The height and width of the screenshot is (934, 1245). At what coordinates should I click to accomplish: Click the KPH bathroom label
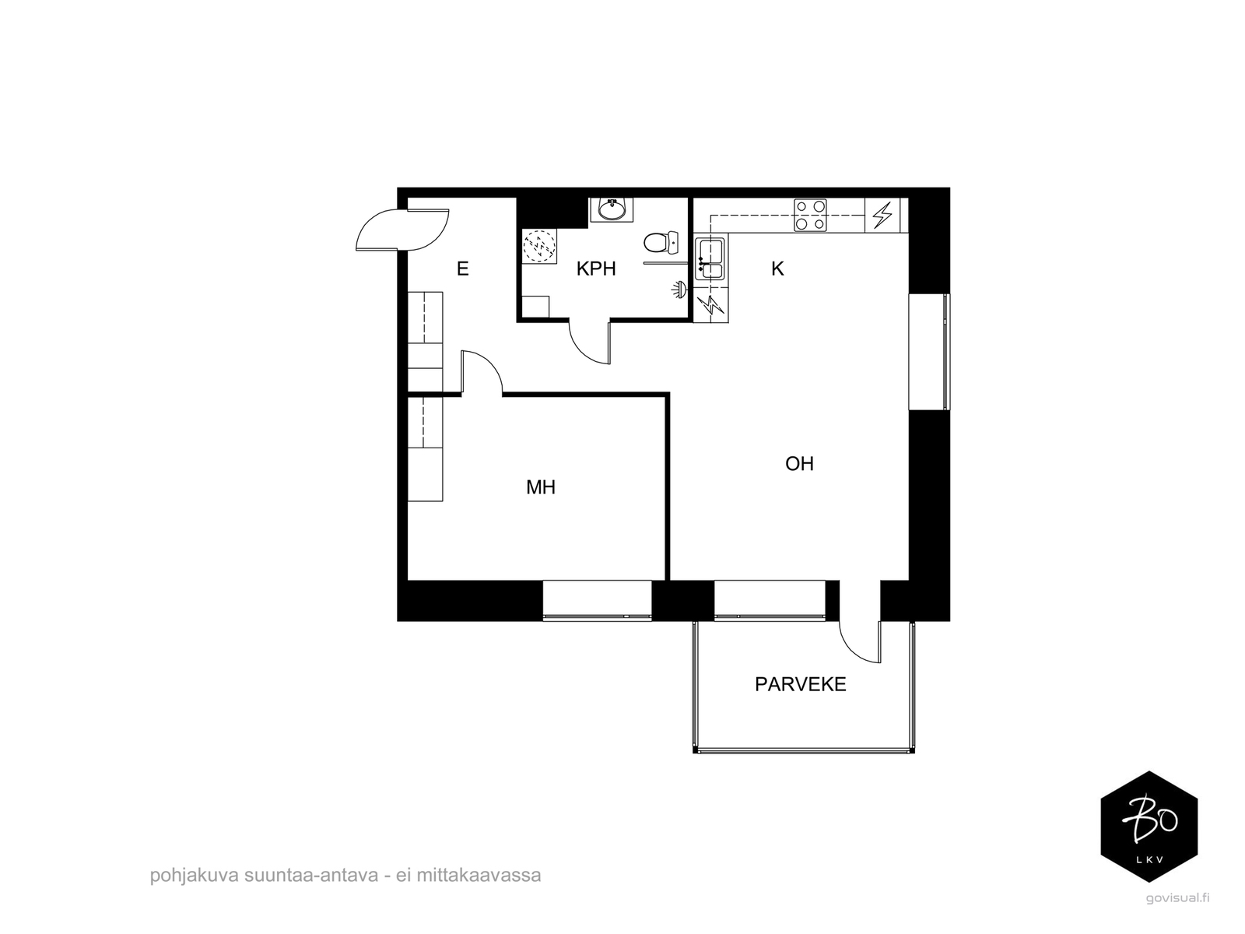coord(595,269)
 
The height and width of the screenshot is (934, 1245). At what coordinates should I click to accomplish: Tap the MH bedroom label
coord(541,487)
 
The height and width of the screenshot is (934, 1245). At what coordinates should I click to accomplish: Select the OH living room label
coord(799,464)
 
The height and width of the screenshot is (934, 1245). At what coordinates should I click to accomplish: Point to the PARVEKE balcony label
coord(800,684)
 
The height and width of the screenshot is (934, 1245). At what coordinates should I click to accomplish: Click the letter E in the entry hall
coord(463,269)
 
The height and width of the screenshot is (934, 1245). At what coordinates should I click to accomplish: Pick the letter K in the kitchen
coord(777,269)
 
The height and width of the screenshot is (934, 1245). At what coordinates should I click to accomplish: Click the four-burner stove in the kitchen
coord(810,216)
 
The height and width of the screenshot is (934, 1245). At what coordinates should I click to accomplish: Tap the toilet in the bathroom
coord(661,243)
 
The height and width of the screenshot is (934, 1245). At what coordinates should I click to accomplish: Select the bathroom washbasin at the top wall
coord(612,210)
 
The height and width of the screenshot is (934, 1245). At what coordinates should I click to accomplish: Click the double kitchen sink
coord(710,259)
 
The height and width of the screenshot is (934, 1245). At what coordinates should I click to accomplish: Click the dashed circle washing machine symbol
coord(538,247)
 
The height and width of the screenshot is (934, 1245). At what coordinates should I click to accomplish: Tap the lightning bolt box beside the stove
coord(882,216)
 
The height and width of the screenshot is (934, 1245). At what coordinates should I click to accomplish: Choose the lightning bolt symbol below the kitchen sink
coord(710,305)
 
